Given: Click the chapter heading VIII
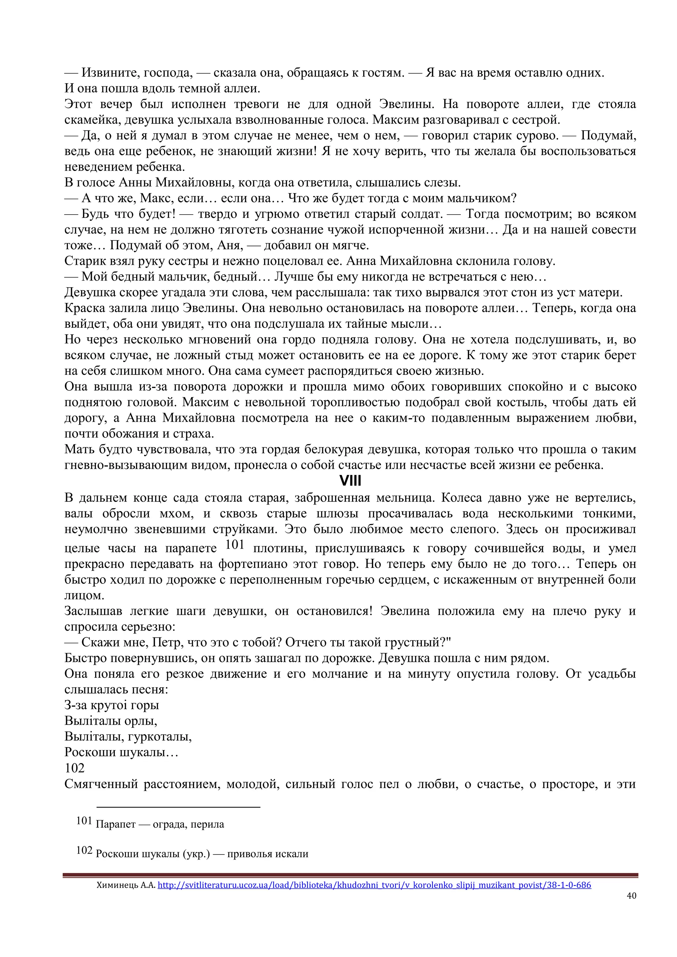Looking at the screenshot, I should (350, 481).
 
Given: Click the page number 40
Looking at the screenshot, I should (631, 895).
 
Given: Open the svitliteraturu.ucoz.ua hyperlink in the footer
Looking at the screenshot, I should (374, 885).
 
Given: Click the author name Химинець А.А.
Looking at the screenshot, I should (126, 885).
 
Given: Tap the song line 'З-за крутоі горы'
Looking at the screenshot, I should (112, 705).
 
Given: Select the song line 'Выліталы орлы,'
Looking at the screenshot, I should (110, 721).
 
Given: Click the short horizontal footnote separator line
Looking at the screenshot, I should (179, 807).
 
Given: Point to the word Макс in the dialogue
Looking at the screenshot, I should (155, 198).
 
